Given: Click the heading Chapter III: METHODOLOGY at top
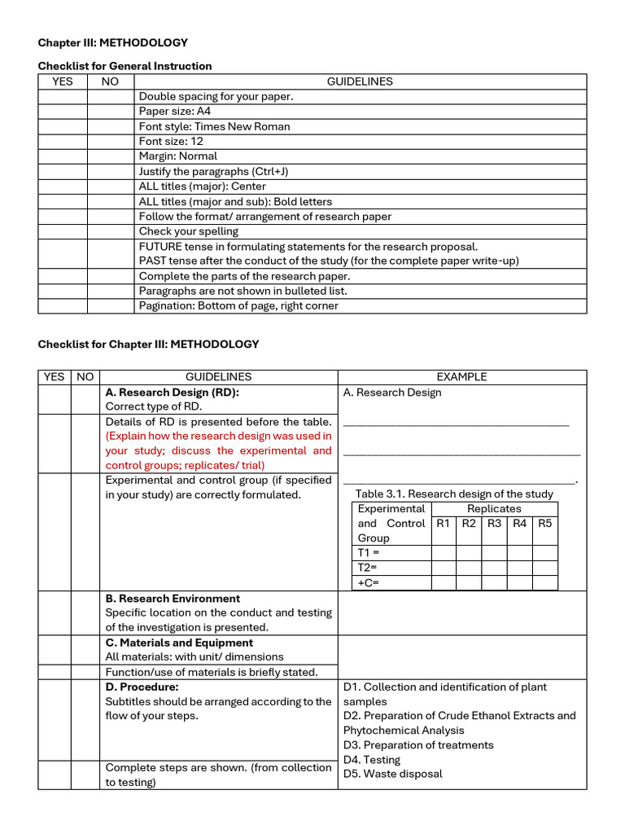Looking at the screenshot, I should (113, 42).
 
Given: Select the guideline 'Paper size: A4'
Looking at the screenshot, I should (175, 112).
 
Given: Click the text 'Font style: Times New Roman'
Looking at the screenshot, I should (214, 126).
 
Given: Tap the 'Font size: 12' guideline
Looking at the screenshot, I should (171, 141).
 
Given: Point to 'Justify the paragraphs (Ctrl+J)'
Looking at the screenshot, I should (214, 171).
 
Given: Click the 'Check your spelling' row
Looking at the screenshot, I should (189, 231).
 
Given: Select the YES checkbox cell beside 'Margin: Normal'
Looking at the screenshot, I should (63, 156).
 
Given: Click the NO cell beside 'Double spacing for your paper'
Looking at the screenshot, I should (110, 97).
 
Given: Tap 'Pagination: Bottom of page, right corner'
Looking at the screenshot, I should (238, 306).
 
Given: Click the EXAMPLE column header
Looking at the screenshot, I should (461, 377).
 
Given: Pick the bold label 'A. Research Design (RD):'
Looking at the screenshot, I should (173, 393).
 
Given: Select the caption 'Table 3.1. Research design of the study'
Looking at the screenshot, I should (454, 494).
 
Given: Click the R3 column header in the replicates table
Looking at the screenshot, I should (495, 524).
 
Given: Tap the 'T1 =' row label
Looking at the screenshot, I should (369, 553).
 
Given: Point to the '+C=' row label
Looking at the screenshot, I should (369, 582).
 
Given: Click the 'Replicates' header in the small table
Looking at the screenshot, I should (494, 509).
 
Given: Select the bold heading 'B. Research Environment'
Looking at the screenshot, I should (173, 599).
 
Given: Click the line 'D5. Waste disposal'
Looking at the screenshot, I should (393, 774).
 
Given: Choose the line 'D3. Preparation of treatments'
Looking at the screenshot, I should (418, 745).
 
